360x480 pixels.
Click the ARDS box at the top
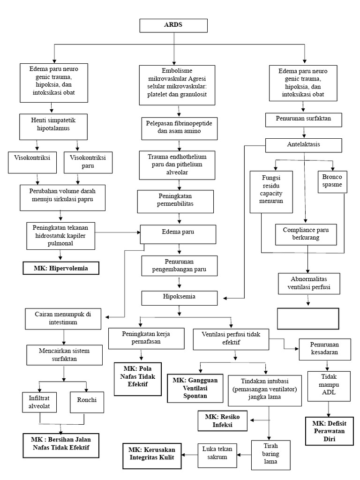[x=174, y=25]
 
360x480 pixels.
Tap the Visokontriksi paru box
[x=88, y=162]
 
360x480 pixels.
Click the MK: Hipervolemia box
[x=61, y=268]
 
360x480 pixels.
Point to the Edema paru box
[x=178, y=232]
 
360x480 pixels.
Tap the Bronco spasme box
[x=332, y=180]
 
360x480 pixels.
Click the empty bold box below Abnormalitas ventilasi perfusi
[x=307, y=319]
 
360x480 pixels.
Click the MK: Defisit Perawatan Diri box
[x=328, y=430]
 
